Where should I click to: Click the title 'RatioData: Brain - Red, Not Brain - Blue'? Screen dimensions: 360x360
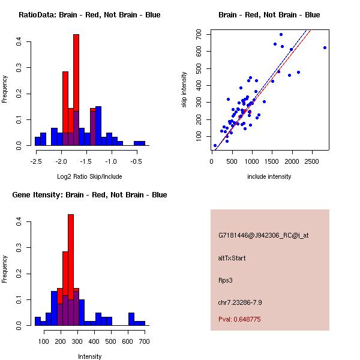tap(89, 15)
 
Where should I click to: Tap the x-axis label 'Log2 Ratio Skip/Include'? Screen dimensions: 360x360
tap(89, 176)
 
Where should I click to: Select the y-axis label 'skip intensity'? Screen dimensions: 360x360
tap(184, 90)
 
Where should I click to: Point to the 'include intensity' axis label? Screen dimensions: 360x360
tap(269, 176)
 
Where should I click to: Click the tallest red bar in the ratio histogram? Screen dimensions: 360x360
tap(76, 90)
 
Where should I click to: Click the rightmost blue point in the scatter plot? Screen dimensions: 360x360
tap(325, 47)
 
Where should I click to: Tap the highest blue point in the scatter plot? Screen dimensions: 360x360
tap(281, 34)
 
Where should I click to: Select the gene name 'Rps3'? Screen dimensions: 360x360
tap(225, 280)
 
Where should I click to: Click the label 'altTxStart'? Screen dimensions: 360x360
tap(232, 258)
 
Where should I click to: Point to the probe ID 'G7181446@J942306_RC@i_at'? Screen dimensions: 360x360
tap(263, 236)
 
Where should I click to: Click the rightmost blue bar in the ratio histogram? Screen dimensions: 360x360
tap(139, 143)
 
